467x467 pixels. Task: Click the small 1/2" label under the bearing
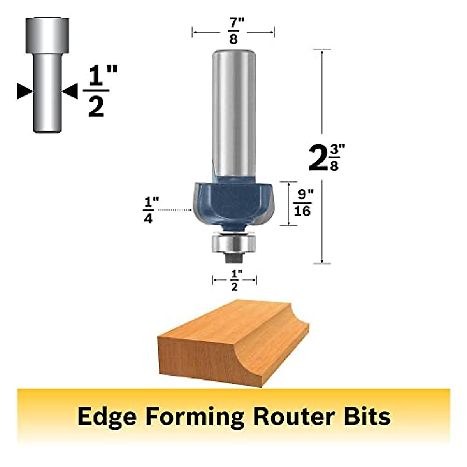pyautogui.click(x=235, y=280)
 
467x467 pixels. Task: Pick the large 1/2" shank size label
pyautogui.click(x=96, y=92)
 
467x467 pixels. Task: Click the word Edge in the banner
pyautogui.click(x=107, y=416)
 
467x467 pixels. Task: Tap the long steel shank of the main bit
pyautogui.click(x=233, y=113)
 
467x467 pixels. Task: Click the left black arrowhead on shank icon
pyautogui.click(x=25, y=91)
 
